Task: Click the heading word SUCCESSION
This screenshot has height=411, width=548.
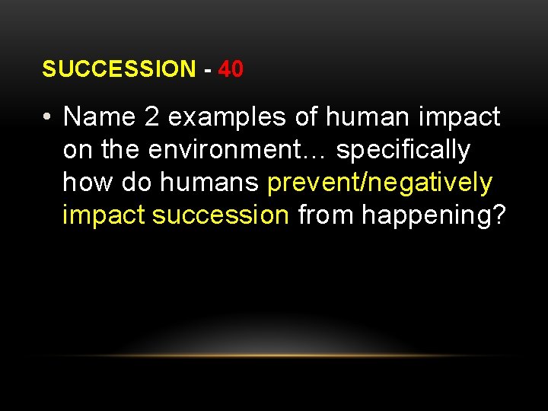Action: point(119,69)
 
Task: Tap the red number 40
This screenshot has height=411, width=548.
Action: point(231,69)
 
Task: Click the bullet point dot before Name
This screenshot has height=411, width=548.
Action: point(47,118)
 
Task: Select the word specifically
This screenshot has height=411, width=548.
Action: point(403,151)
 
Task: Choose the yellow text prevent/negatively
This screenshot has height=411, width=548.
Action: point(380,183)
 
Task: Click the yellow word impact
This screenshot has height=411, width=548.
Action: point(104,216)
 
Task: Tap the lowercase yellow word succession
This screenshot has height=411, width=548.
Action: point(221,216)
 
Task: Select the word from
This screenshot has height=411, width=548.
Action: point(326,216)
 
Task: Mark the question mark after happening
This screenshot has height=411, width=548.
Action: point(499,216)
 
